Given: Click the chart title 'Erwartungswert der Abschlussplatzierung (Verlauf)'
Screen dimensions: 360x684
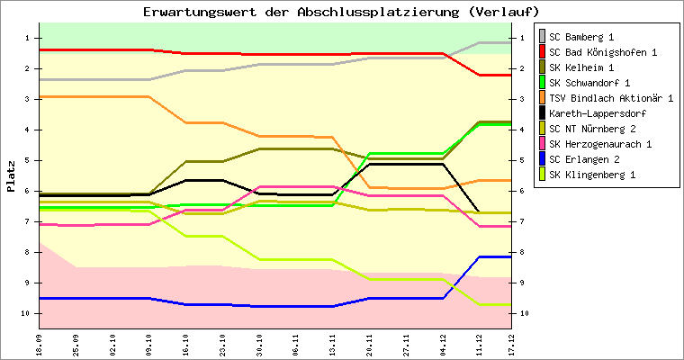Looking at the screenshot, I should [342, 12].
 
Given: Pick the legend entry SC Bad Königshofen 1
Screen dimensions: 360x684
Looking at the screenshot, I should [602, 52].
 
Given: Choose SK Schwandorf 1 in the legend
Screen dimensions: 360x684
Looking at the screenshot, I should [589, 83].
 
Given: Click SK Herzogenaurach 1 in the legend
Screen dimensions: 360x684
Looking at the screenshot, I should [599, 144].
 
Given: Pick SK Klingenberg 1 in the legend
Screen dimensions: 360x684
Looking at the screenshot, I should [593, 175].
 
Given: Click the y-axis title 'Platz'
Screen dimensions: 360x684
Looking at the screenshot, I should [12, 176].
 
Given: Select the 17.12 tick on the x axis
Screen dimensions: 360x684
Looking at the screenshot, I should [511, 343].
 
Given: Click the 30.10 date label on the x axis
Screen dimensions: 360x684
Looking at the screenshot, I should [260, 343].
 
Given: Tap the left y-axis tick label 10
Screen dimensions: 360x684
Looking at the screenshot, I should [26, 313].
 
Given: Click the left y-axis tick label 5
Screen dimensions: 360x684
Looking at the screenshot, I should [28, 160].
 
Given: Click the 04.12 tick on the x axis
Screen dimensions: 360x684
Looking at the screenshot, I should [443, 343].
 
